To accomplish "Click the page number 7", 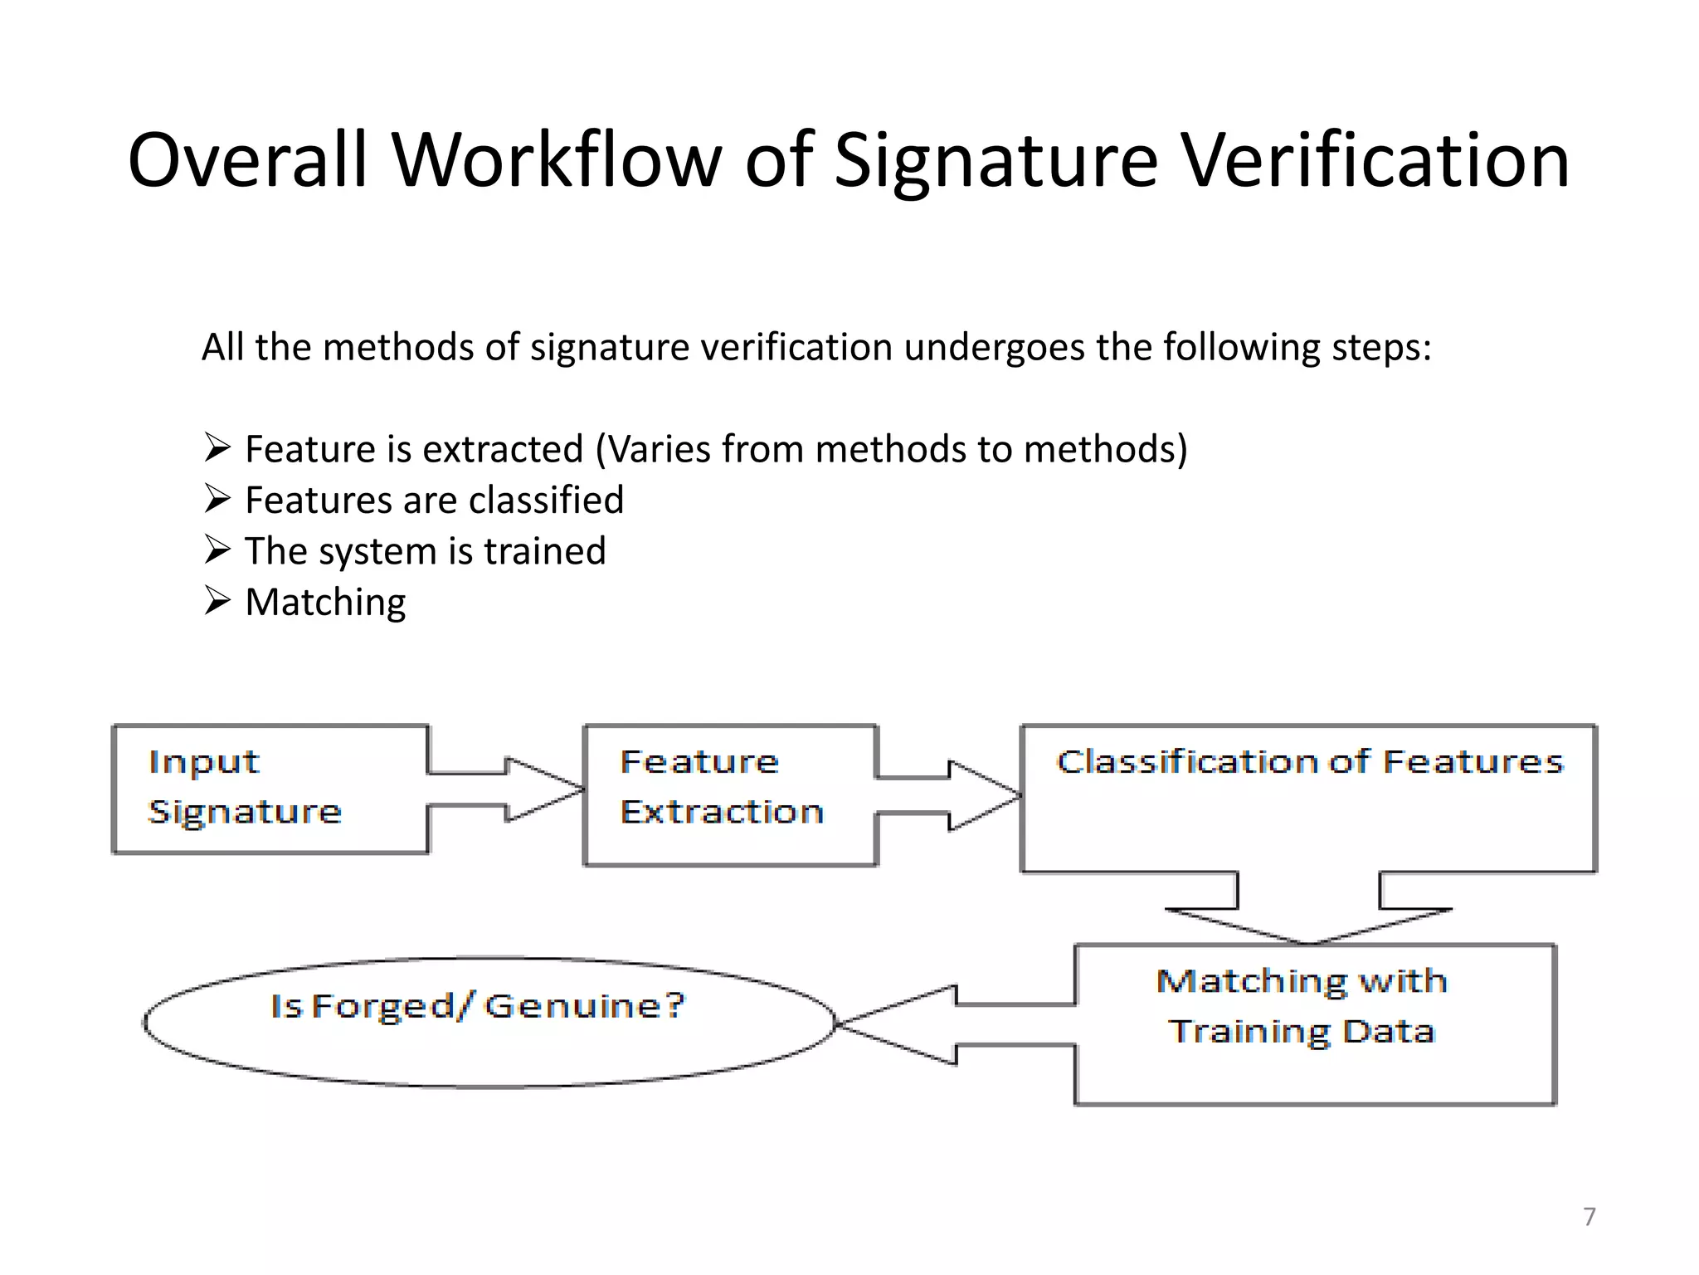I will (1589, 1217).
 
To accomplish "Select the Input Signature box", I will (270, 789).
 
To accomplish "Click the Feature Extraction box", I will (730, 794).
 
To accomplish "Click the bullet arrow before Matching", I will (217, 600).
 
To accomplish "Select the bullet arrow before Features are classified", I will (217, 498).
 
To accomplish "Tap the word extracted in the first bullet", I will (502, 449).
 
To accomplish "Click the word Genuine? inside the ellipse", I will (585, 1006).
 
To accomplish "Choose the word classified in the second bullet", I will (545, 500).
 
